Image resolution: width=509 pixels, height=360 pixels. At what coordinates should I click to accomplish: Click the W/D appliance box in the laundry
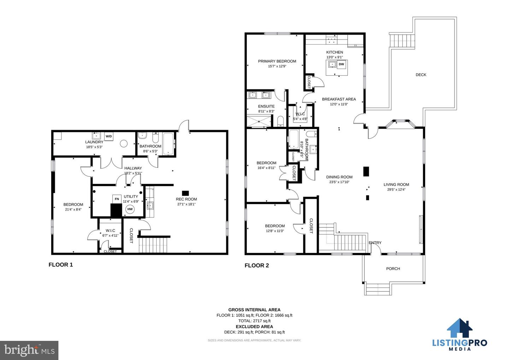pyautogui.click(x=109, y=137)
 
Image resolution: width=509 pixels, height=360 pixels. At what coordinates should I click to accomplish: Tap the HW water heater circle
pyautogui.click(x=130, y=209)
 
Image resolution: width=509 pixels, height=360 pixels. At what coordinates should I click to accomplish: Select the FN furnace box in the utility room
pyautogui.click(x=117, y=199)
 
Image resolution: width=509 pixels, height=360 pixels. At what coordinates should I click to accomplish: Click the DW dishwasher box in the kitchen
pyautogui.click(x=341, y=64)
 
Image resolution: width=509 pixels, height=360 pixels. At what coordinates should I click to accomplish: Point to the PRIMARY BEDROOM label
pyautogui.click(x=277, y=61)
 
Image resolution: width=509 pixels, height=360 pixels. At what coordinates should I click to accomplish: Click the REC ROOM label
pyautogui.click(x=186, y=199)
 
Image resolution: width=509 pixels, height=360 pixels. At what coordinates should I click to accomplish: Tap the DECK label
pyautogui.click(x=421, y=75)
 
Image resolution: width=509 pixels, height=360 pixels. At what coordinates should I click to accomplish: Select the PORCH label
pyautogui.click(x=393, y=269)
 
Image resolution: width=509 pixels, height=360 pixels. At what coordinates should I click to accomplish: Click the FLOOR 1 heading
pyautogui.click(x=61, y=265)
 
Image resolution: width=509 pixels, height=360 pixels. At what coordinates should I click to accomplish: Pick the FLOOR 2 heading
pyautogui.click(x=257, y=266)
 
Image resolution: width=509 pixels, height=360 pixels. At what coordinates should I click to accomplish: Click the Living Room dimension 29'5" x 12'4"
pyautogui.click(x=396, y=190)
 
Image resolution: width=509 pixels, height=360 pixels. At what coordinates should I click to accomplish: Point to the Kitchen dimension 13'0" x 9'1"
pyautogui.click(x=335, y=57)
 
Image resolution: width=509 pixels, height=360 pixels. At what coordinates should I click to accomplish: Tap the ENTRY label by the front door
pyautogui.click(x=375, y=243)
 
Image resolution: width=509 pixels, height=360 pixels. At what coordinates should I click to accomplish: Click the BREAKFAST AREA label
pyautogui.click(x=339, y=99)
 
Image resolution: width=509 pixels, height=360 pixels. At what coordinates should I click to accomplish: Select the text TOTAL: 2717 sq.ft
pyautogui.click(x=254, y=321)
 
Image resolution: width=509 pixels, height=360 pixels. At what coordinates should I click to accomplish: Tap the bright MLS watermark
pyautogui.click(x=29, y=350)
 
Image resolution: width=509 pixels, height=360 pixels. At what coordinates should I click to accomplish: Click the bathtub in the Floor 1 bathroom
pyautogui.click(x=168, y=144)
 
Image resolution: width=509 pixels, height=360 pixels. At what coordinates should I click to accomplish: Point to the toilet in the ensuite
pyautogui.click(x=281, y=122)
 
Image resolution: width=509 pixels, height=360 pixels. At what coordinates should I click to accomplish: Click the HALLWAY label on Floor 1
pyautogui.click(x=133, y=168)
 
